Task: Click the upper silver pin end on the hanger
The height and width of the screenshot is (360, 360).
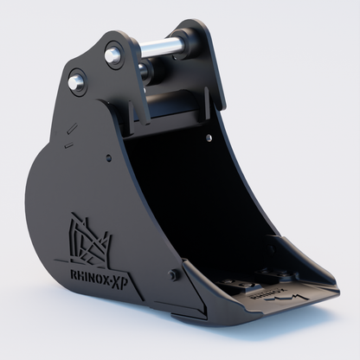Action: point(112,55)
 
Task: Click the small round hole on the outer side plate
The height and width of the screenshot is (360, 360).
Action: point(107,159)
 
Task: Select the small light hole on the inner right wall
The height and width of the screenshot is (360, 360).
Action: point(210,137)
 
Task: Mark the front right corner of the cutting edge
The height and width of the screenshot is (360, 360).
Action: point(333,294)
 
